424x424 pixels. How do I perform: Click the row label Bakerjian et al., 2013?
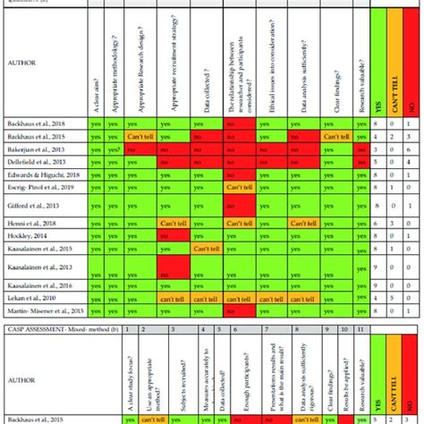click(42, 149)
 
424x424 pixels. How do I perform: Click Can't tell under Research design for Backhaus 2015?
click(142, 137)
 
